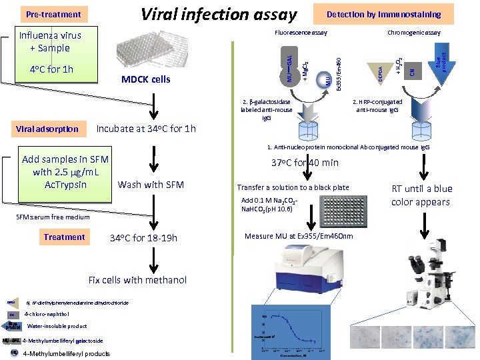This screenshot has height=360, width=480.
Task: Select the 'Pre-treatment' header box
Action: point(53,14)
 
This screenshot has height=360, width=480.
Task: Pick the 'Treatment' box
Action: point(64,237)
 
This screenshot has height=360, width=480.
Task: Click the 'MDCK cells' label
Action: point(145,80)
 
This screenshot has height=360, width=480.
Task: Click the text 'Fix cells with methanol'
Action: point(137,280)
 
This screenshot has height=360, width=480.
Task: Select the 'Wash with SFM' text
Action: point(150,185)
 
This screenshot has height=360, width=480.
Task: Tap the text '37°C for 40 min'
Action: point(305,163)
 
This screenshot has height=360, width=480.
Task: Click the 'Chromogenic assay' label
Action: point(414,32)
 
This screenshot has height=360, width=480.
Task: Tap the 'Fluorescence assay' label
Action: point(301,32)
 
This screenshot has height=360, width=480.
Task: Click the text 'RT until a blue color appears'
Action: point(421,195)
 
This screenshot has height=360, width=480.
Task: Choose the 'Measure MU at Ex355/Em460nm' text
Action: point(299,237)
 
